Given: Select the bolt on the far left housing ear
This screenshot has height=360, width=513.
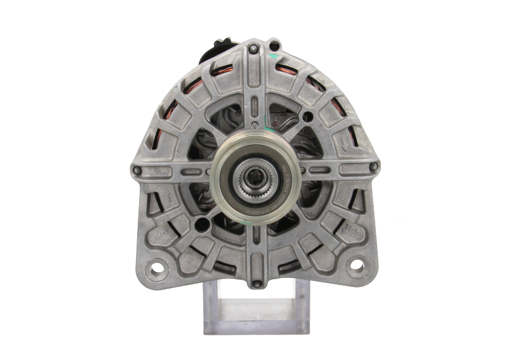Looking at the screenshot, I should pos(135,170).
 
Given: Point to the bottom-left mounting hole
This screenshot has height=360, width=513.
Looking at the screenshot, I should pos(155,265).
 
